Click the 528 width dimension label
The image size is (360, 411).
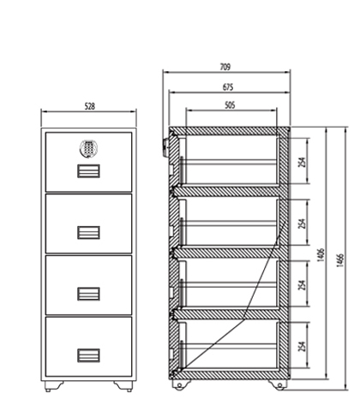[x=90, y=106]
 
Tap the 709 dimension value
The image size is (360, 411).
[x=225, y=67]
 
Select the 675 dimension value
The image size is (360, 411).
[x=228, y=87]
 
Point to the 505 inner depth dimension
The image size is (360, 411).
[x=230, y=105]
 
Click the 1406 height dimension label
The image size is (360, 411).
[x=321, y=255]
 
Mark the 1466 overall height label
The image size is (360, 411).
[x=340, y=260]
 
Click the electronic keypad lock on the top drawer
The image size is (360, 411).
[x=88, y=148]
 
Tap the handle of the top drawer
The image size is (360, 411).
[x=88, y=171]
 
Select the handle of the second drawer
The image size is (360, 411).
[x=88, y=232]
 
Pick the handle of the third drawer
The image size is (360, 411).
[x=88, y=294]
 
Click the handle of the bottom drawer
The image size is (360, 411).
[x=88, y=355]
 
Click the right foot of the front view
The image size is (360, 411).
[x=123, y=386]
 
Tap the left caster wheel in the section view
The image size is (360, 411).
[x=179, y=385]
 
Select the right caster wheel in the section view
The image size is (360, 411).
[x=279, y=385]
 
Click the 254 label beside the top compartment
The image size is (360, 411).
[x=302, y=162]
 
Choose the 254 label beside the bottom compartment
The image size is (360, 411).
[x=302, y=346]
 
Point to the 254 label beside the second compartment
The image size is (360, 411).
[x=302, y=223]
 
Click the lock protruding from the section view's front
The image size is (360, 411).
[x=165, y=147]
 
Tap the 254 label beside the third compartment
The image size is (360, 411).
[x=302, y=285]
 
